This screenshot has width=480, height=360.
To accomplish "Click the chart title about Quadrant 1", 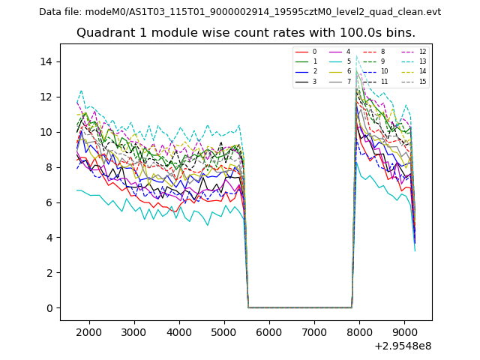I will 246,33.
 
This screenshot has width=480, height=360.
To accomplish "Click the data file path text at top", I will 240,12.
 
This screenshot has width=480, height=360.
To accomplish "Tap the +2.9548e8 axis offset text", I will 403,346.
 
